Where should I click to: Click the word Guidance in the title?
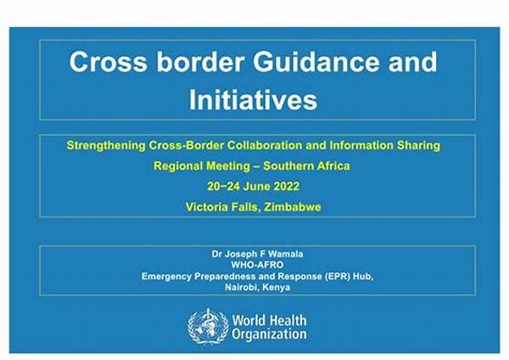(316, 62)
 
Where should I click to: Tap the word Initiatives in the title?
(253, 99)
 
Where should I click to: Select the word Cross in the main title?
(108, 62)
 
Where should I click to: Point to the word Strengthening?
(106, 145)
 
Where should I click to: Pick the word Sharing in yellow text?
(418, 145)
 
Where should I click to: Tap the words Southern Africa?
(306, 166)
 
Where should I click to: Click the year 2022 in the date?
(287, 186)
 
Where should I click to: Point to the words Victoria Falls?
(223, 207)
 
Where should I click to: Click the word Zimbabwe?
(293, 207)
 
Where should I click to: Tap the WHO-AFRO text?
(257, 265)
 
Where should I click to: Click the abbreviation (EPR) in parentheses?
(337, 276)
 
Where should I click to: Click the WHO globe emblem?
(208, 326)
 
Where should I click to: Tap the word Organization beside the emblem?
(269, 335)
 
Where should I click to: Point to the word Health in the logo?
(287, 320)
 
